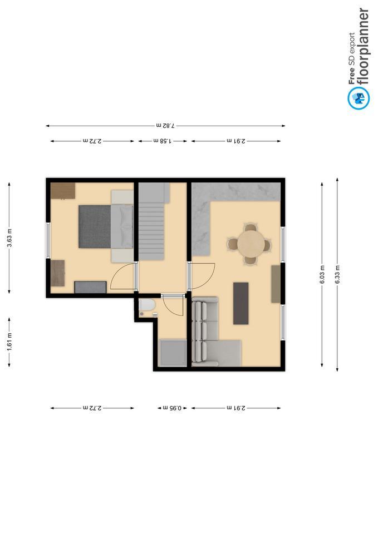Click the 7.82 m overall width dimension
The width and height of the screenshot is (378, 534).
pos(165,126)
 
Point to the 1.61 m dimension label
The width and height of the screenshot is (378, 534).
pos(9,342)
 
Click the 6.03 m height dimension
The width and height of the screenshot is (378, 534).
pos(322,274)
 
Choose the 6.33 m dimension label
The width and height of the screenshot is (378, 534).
pos(337,274)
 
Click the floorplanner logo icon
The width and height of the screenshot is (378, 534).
pos(359,98)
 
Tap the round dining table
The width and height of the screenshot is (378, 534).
pos(251,244)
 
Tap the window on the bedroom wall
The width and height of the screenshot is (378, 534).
pos(48,240)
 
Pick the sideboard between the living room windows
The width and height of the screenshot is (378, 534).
pos(276,284)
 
